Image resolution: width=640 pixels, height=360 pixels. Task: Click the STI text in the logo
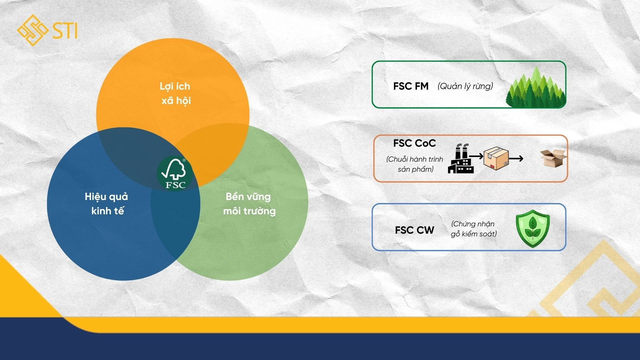[65, 31]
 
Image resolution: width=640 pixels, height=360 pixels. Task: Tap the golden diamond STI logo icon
[33, 30]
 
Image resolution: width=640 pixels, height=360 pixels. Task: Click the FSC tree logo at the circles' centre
[175, 173]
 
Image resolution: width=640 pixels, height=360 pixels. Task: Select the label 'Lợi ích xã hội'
[175, 93]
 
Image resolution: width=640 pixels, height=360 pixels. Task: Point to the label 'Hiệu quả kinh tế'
[107, 203]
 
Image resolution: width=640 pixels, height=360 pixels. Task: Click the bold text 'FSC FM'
[411, 86]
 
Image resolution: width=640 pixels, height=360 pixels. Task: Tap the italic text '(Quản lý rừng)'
[465, 86]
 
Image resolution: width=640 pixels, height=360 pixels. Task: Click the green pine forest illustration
[536, 87]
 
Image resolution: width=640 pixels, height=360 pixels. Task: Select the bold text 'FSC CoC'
[414, 143]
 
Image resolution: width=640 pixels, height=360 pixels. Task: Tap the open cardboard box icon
[553, 158]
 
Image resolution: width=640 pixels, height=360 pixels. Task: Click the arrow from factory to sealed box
[476, 156]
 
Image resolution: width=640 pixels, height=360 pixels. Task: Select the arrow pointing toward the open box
[516, 159]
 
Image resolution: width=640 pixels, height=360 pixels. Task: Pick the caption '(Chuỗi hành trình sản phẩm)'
[415, 164]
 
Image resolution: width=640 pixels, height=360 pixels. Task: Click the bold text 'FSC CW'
[414, 230]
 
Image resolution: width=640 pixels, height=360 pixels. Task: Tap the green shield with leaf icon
[532, 229]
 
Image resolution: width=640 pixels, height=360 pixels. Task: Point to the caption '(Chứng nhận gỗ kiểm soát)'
[474, 229]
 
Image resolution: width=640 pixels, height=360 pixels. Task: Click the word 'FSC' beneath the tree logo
[175, 185]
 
